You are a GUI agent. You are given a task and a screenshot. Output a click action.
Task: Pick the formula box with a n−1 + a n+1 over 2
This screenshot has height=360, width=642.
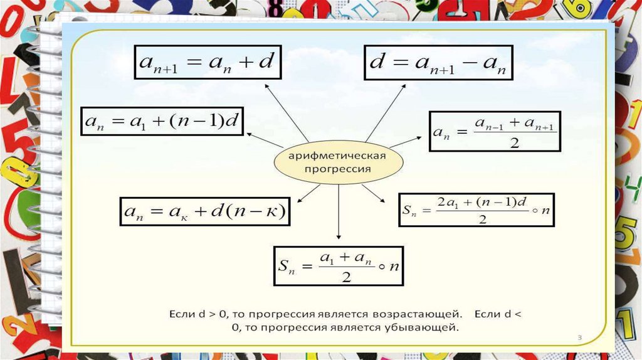[x=495, y=131]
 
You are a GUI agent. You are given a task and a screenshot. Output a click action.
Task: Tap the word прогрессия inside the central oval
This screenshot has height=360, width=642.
[x=338, y=169]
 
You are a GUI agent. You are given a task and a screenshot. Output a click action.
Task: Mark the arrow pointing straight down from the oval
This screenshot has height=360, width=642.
[x=339, y=213]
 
